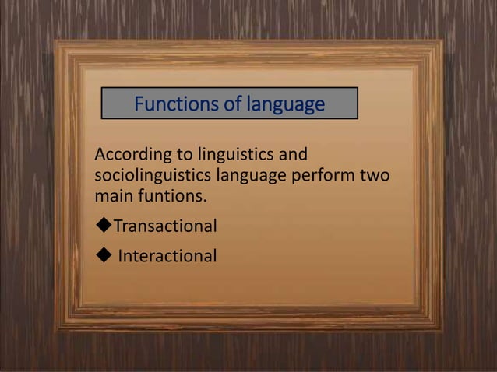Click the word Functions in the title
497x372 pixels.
pos(174,104)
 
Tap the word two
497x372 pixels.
pos(375,174)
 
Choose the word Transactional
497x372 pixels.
pos(165,226)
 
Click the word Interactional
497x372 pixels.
pos(167,256)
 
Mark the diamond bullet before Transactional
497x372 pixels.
pos(102,226)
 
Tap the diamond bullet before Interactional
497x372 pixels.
pos(102,255)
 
